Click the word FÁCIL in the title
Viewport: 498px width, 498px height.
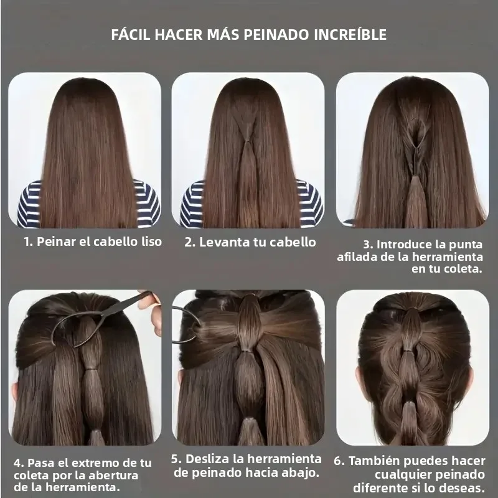pyautogui.click(x=131, y=34)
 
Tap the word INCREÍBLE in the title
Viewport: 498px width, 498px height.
pyautogui.click(x=350, y=35)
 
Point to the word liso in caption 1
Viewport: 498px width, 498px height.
pyautogui.click(x=151, y=242)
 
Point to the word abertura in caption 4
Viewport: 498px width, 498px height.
pyautogui.click(x=113, y=476)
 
